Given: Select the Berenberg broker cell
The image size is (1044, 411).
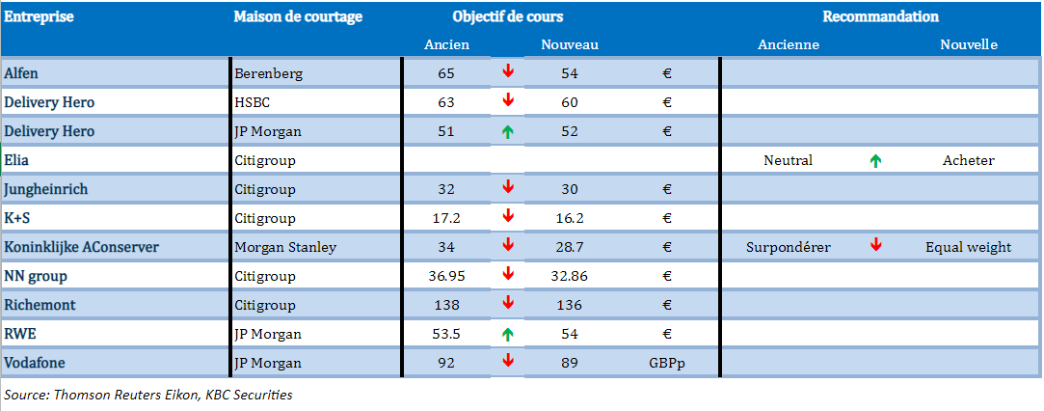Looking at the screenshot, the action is point(268,74).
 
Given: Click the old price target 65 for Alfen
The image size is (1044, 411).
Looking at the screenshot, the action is point(446,73).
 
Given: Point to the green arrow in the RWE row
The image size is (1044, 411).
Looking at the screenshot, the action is point(508,334).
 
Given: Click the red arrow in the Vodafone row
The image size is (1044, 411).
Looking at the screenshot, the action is point(508,361).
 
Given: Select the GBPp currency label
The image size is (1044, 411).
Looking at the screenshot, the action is point(666,363).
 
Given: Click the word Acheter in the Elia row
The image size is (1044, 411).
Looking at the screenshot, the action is point(969,160).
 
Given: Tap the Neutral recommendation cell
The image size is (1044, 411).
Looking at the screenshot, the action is point(789,160).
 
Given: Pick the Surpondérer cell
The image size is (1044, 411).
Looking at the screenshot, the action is point(789,247).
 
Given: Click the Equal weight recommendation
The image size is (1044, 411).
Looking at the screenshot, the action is point(969,247).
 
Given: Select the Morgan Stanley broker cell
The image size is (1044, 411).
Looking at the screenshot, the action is point(285,247).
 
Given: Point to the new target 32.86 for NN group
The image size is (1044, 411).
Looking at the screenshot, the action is point(570,276).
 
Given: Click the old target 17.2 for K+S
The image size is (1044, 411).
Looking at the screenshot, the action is point(446,218).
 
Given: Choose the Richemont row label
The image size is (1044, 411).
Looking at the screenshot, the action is point(40,305).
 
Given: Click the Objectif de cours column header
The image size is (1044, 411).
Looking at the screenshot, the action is point(508,16).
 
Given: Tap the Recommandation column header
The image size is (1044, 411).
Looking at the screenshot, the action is point(881,16).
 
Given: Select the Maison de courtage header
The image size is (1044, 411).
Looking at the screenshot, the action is point(298,16).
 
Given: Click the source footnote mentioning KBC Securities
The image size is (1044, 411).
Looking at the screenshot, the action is point(147,395).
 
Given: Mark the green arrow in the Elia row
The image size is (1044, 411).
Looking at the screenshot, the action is point(876,160).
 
